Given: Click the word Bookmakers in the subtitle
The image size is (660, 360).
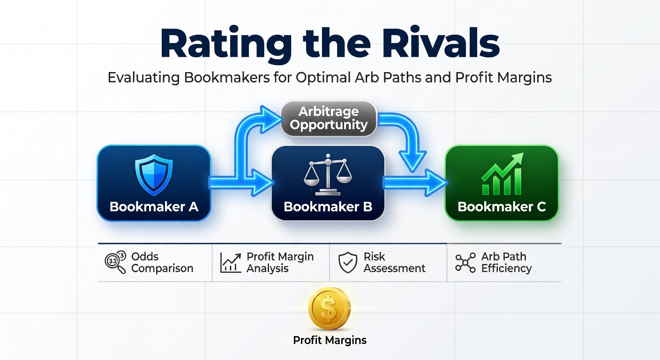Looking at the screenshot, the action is (x=227, y=77).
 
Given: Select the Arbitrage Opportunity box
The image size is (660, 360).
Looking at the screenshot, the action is (x=329, y=119).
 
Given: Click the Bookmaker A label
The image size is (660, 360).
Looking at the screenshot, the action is (x=154, y=207).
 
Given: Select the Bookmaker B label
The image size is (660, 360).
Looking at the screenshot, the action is (x=328, y=207).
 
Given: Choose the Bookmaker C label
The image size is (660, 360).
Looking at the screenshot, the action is (x=502, y=207).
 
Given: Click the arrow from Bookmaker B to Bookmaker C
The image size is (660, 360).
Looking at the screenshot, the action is (x=415, y=183).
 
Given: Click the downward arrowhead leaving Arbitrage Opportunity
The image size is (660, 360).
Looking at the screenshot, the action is (x=412, y=161).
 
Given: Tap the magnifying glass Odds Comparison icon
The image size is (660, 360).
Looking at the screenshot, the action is (x=115, y=262).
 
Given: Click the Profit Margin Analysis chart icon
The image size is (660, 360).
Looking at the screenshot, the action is (x=231, y=262).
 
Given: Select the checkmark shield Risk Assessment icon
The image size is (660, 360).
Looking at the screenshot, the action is (x=348, y=262).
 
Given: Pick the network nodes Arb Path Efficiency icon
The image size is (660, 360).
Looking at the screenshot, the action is (x=465, y=262).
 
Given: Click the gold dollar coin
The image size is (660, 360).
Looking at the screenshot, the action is (x=330, y=308).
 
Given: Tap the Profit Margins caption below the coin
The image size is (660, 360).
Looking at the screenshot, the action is (x=330, y=340).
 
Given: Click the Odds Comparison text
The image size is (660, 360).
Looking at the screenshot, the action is (x=162, y=262).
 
